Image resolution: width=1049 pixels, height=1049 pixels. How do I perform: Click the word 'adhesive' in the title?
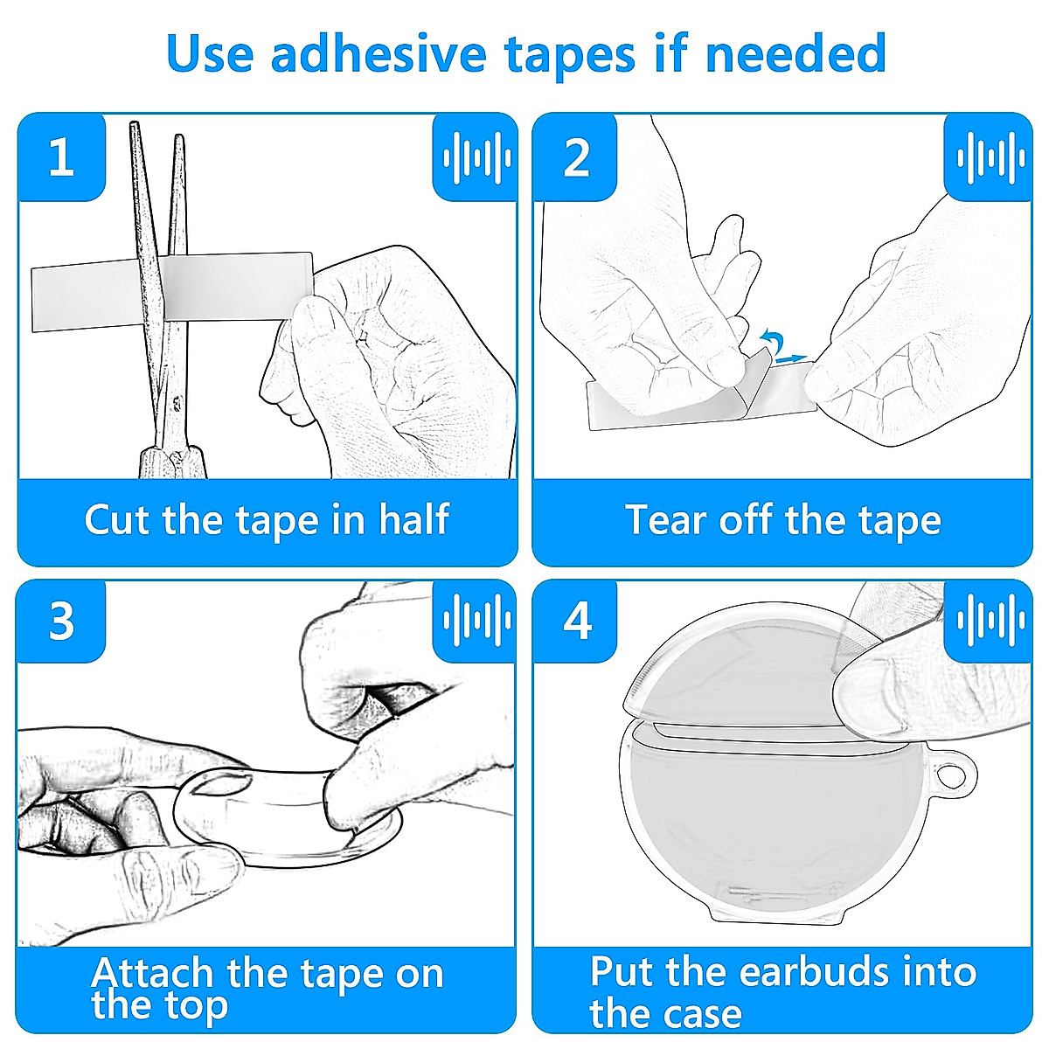pyautogui.click(x=378, y=53)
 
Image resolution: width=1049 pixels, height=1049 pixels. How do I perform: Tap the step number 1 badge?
pyautogui.click(x=61, y=156)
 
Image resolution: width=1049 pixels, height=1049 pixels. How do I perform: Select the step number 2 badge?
pyautogui.click(x=576, y=156)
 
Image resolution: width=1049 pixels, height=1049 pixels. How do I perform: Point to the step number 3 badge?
pyautogui.click(x=61, y=622)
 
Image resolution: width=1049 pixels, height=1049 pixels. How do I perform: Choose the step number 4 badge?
pyautogui.click(x=576, y=622)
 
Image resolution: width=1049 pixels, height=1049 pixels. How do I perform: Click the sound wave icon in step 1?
pyautogui.click(x=477, y=158)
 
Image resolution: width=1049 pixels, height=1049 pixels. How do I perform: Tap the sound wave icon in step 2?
pyautogui.click(x=990, y=158)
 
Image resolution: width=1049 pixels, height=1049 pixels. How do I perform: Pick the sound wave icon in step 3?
pyautogui.click(x=477, y=621)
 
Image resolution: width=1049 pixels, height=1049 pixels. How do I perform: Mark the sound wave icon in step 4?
pyautogui.click(x=990, y=621)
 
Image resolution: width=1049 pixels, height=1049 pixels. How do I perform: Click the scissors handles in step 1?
pyautogui.click(x=172, y=462)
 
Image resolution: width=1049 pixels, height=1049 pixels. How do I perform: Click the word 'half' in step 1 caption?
pyautogui.click(x=413, y=520)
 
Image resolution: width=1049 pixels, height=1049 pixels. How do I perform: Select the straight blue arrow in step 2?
pyautogui.click(x=790, y=358)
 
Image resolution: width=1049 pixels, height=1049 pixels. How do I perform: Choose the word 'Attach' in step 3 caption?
pyautogui.click(x=152, y=973)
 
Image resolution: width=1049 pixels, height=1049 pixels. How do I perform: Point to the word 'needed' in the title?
pyautogui.click(x=795, y=53)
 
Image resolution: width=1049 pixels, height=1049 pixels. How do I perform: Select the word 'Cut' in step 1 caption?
pyautogui.click(x=116, y=520)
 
